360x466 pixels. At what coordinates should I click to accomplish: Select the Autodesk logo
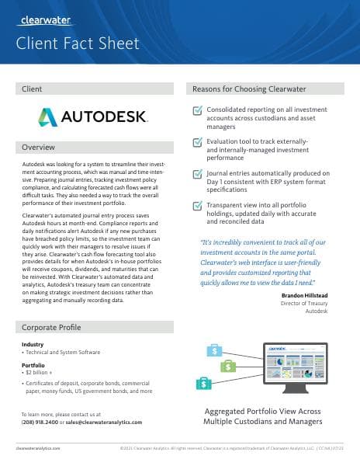click(92, 117)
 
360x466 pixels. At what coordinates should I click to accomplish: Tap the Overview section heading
click(38, 148)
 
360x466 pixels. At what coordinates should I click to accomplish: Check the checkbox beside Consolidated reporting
click(196, 111)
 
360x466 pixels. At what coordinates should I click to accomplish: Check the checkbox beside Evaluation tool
click(196, 143)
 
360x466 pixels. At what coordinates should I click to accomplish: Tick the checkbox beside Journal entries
click(196, 175)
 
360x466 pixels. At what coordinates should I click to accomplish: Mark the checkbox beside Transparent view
click(196, 206)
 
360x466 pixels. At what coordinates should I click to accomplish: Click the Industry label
click(33, 344)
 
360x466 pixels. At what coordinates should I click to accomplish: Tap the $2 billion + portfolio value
click(39, 371)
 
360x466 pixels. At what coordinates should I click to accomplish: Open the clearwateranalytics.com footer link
click(38, 448)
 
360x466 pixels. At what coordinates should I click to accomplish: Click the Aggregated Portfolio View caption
click(262, 416)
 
